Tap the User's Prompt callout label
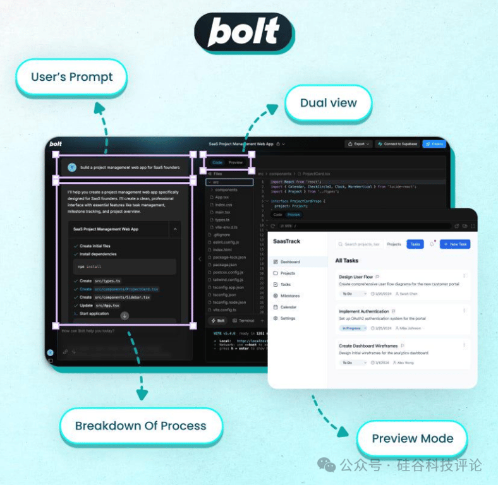71,77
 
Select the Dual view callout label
328,102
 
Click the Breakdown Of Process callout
140,425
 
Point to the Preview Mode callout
412,438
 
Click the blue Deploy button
434,144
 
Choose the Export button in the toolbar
358,144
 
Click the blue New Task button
455,244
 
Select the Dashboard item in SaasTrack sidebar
289,261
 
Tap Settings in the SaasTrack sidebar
288,318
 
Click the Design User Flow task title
355,277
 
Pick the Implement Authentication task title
363,311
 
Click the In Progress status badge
352,328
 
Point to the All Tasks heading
347,260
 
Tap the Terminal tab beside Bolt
243,321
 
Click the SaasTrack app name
286,241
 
